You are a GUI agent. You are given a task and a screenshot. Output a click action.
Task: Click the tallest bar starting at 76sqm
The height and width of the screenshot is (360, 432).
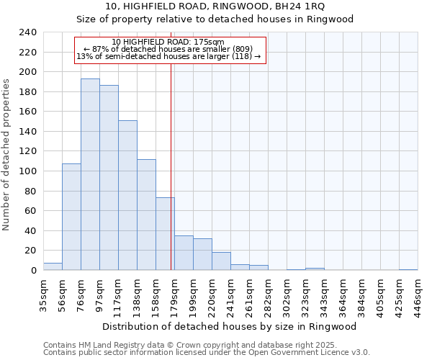click(x=90, y=174)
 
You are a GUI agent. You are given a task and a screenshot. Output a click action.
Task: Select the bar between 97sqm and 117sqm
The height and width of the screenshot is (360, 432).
click(x=109, y=177)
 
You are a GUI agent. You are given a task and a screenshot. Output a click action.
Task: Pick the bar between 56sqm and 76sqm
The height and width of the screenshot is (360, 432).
click(x=71, y=217)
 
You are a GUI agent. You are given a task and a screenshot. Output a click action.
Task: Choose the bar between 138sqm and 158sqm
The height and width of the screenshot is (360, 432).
click(x=146, y=215)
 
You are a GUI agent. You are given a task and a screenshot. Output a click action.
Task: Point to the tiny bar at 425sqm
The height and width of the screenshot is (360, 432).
click(x=408, y=269)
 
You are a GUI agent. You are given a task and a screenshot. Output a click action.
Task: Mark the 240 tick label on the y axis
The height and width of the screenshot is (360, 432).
click(x=28, y=32)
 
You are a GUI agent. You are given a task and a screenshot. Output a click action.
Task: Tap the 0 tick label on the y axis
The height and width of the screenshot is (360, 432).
click(x=34, y=271)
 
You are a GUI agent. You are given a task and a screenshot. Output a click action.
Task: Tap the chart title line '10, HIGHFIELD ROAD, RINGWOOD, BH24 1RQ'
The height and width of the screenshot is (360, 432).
click(x=215, y=6)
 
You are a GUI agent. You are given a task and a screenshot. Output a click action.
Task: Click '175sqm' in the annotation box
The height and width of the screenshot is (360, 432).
click(x=210, y=42)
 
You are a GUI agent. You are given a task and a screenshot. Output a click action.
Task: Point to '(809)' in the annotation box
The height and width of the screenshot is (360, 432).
click(x=242, y=49)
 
